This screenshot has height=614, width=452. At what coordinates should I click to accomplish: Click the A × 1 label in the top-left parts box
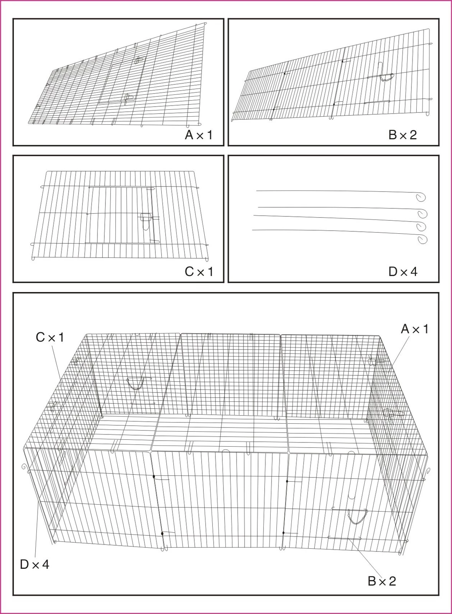coord(199,135)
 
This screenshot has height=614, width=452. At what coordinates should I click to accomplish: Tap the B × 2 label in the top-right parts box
coord(403,135)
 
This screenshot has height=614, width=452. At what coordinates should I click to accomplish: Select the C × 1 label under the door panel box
coord(199,272)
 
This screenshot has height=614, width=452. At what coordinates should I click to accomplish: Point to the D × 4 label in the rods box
coord(403,272)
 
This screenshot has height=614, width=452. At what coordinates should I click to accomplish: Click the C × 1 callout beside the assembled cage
coord(50,337)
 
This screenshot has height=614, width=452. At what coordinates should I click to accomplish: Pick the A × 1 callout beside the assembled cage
coord(414,328)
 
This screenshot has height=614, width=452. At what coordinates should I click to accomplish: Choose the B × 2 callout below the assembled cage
coord(382,581)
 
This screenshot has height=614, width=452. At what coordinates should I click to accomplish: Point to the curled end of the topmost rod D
coord(421,197)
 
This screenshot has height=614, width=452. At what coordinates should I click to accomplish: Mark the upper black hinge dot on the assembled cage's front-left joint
coord(154,477)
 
